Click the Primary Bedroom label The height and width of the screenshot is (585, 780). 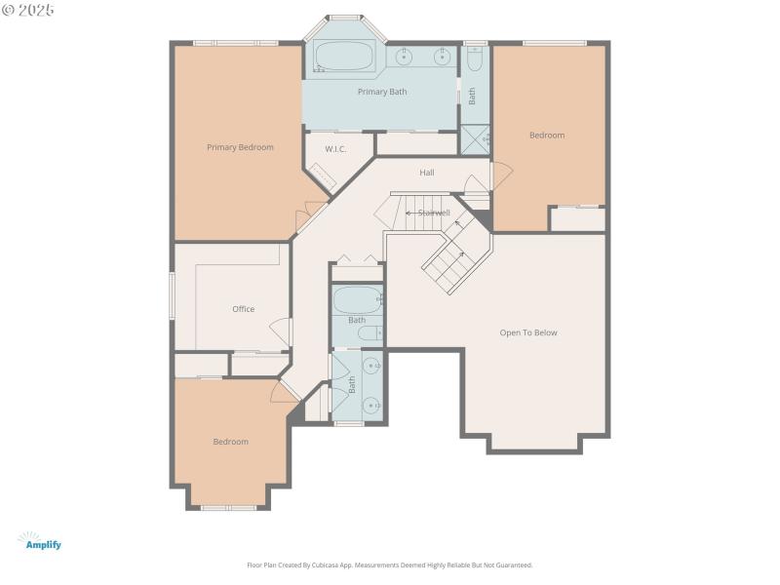pos(240,147)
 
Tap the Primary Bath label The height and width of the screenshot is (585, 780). pos(382,92)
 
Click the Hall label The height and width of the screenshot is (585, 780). pos(427,173)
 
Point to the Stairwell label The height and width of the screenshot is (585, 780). pos(433,213)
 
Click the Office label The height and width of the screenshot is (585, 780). pos(243,309)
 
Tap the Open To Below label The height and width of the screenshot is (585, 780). pos(528,332)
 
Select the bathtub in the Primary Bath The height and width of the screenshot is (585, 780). pos(344,58)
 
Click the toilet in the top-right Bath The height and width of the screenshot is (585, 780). pos(475,60)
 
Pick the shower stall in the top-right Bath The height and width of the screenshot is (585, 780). pos(475,140)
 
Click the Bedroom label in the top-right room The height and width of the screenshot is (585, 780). pos(547,136)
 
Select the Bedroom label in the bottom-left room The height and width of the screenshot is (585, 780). pos(231,442)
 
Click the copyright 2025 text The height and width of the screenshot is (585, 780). pos(28,10)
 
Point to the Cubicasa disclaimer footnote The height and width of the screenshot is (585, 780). pos(390,565)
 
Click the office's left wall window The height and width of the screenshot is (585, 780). pos(173,294)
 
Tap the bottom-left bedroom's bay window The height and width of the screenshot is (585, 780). pos(228,507)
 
